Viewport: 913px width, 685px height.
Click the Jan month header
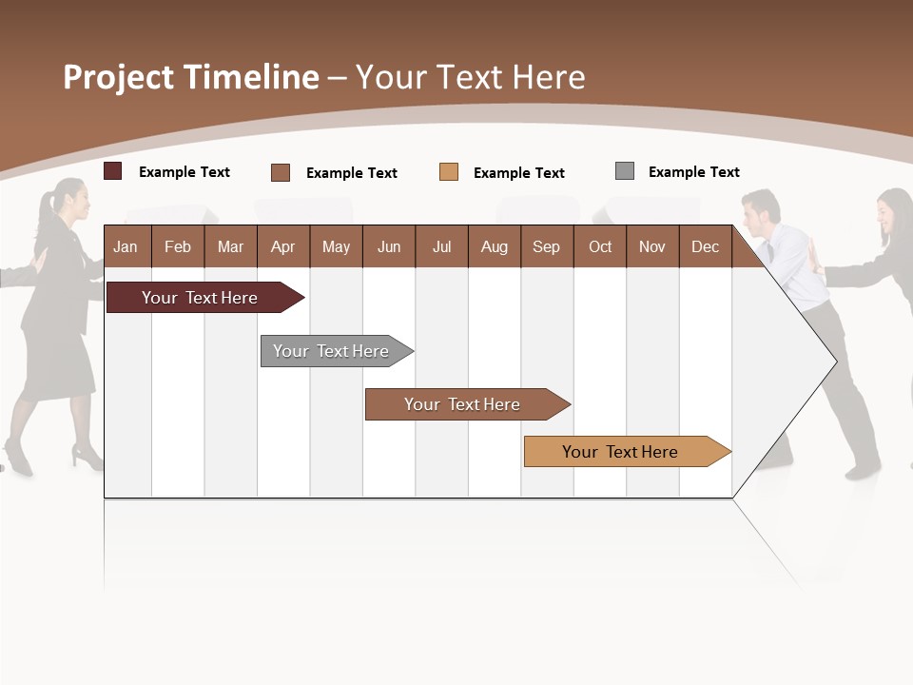126,246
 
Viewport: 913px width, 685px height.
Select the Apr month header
282,246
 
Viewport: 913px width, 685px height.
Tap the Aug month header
494,246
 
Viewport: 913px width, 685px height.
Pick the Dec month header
705,246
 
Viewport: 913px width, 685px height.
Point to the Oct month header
600,246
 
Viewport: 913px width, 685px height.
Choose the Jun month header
389,246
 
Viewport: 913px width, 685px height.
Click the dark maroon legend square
112,171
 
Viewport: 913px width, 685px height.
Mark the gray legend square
624,171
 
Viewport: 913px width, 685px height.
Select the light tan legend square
449,172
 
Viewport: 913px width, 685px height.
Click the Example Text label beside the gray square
693,172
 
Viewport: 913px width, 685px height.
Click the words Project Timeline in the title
191,77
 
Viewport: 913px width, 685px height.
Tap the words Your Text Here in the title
470,77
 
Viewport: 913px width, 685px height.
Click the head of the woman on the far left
74,200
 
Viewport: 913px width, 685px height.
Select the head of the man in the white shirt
761,211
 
